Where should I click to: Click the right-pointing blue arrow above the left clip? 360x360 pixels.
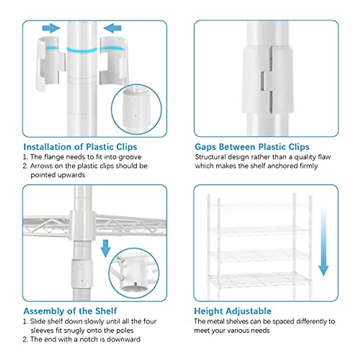point(51,28)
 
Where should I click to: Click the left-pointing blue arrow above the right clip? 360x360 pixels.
point(112,28)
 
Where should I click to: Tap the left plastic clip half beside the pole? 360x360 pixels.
point(50,64)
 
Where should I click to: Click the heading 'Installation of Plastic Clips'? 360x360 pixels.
point(80,147)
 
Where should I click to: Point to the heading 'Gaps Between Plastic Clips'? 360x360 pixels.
point(252,147)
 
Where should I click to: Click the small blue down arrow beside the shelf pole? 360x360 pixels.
point(106,249)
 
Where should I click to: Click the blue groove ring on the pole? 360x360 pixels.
point(82,50)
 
